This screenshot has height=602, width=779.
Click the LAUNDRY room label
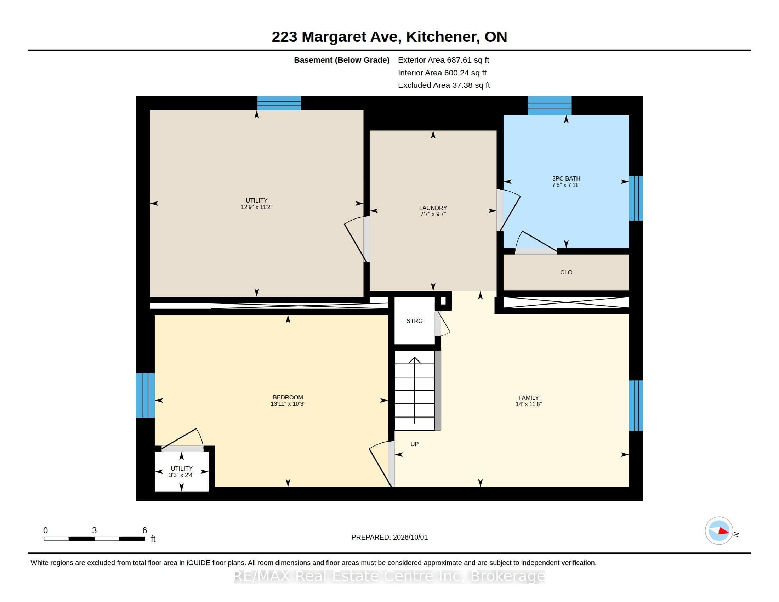pyautogui.click(x=433, y=208)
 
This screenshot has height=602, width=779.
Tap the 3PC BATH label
pyautogui.click(x=566, y=178)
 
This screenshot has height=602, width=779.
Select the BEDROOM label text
pyautogui.click(x=288, y=397)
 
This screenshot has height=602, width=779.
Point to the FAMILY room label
pyautogui.click(x=529, y=398)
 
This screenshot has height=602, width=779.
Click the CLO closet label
pyautogui.click(x=566, y=272)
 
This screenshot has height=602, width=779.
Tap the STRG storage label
pyautogui.click(x=415, y=321)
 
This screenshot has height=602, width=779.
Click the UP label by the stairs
pyautogui.click(x=415, y=444)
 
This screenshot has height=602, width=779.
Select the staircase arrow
pyautogui.click(x=415, y=391)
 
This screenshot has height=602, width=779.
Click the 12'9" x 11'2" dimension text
pyautogui.click(x=256, y=207)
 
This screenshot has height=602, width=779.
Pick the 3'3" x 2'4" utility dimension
pyautogui.click(x=182, y=475)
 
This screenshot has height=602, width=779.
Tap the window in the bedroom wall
pyautogui.click(x=146, y=395)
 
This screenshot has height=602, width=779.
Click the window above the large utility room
pyautogui.click(x=279, y=103)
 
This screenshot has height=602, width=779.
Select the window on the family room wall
pyautogui.click(x=636, y=405)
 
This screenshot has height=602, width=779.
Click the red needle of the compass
pyautogui.click(x=724, y=531)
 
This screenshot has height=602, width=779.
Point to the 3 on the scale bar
pyautogui.click(x=95, y=530)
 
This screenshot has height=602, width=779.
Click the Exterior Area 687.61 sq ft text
pyautogui.click(x=444, y=60)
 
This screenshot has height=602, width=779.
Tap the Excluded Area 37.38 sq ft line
pyautogui.click(x=444, y=85)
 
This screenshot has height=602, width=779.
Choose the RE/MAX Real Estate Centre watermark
pyautogui.click(x=389, y=576)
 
